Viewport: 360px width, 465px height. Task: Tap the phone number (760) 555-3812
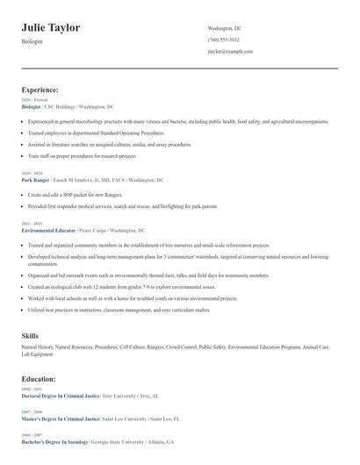[223, 40]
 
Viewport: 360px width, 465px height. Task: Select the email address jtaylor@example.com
[230, 52]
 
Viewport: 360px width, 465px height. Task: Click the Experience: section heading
[40, 89]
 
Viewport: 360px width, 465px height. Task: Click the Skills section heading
[30, 336]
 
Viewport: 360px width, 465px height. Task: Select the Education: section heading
[39, 379]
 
